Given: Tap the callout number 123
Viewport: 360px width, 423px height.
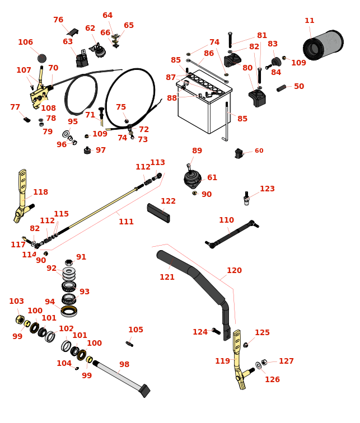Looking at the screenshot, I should tap(267, 189).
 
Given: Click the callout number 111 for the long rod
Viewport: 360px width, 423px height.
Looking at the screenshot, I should tap(126, 222).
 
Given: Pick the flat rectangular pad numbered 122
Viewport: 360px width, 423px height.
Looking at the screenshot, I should tap(158, 213).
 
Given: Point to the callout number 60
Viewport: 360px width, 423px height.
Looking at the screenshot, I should tap(259, 151).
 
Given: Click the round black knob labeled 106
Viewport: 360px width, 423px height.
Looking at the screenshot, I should tap(42, 58).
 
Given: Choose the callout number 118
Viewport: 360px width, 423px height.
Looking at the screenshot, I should tap(40, 192).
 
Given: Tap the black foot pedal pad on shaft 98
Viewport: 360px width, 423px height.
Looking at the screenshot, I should tap(144, 391).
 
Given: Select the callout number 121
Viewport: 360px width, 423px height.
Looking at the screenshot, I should tap(167, 278).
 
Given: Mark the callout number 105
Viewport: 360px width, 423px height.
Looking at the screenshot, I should tap(135, 330).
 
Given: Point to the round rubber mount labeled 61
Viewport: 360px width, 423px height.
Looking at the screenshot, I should tap(192, 179).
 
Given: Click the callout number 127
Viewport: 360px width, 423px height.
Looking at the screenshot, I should tap(286, 361).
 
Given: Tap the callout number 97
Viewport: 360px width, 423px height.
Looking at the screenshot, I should tap(101, 151).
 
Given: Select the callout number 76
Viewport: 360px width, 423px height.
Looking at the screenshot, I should tap(58, 20).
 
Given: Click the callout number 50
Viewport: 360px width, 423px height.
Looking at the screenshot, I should tap(299, 87).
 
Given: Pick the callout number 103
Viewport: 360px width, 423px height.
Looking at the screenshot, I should tap(16, 302).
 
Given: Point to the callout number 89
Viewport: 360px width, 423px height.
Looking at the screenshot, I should tap(197, 151).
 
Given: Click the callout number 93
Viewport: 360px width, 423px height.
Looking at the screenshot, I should tap(85, 292).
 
